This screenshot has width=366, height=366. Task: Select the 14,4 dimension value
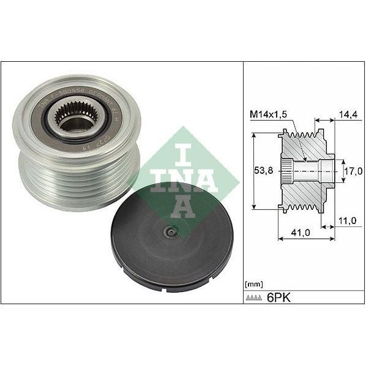[347, 113]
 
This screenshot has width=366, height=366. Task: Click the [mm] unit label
[253, 283]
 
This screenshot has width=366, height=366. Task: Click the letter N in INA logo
[184, 177]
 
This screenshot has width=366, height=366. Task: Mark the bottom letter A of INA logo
[184, 207]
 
